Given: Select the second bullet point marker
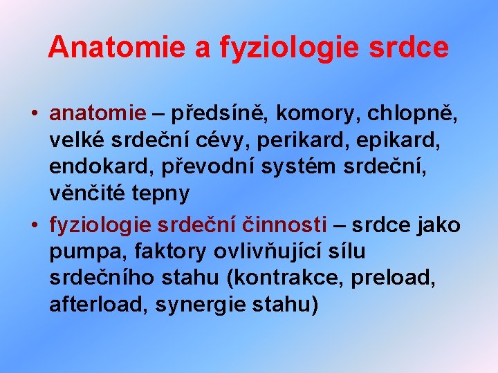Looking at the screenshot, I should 34,224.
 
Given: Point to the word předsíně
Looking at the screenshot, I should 220,112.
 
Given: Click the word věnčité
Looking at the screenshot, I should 88,194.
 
